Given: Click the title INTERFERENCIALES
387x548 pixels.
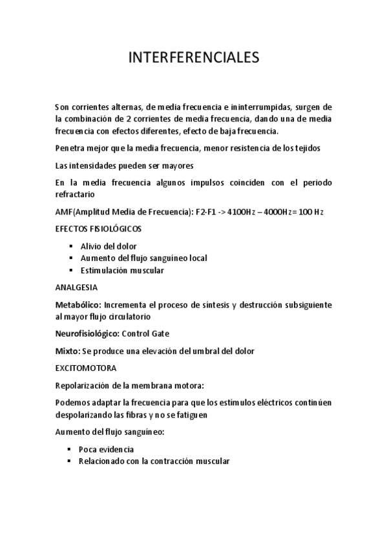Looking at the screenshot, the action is point(193,58).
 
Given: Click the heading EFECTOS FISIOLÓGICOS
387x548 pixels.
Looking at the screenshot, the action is point(98,229).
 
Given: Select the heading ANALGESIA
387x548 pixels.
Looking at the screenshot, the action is point(76,287).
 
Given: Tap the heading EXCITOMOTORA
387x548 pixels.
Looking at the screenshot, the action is point(86,368).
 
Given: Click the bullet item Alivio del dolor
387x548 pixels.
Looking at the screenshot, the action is point(108,246).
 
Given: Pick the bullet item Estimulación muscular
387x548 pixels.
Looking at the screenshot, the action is point(121,271).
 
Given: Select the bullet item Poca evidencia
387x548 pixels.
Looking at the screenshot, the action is point(107,450).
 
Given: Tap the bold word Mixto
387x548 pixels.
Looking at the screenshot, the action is point(66,352).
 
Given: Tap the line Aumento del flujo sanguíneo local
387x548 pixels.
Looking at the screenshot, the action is point(143,258).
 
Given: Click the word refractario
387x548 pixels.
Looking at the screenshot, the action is point(75,194).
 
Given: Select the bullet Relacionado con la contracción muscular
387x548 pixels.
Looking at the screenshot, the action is point(154,462).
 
